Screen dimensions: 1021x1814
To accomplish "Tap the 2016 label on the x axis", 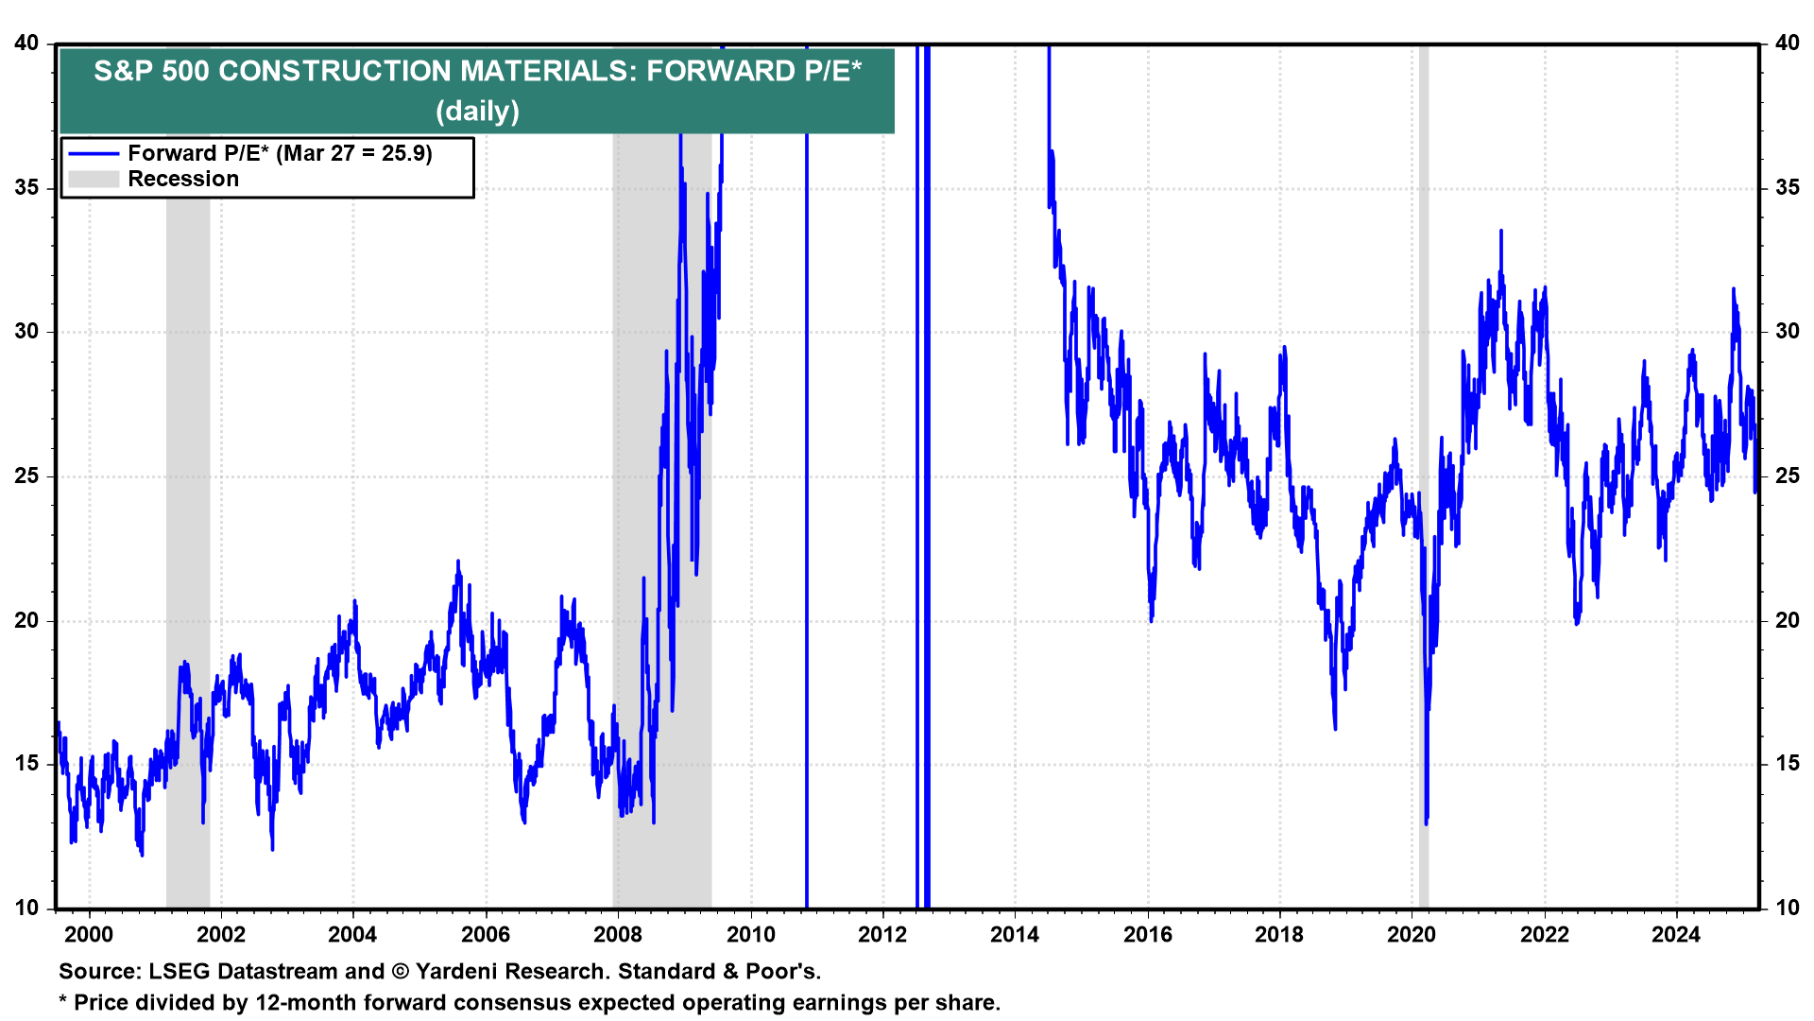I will point(1147,935).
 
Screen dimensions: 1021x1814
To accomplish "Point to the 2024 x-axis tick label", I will point(1676,935).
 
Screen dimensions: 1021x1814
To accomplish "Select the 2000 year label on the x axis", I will point(89,935).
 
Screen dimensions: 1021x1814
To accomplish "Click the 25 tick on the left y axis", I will point(26,476).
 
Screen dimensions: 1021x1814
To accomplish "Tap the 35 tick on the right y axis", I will point(1787,187).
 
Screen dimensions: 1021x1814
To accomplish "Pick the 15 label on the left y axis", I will point(26,764).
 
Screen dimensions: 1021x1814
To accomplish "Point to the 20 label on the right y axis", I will point(1787,620).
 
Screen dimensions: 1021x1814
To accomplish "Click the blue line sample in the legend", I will point(94,154).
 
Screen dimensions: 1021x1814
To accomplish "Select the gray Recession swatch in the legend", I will point(94,180).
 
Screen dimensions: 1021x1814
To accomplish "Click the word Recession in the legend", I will point(183,180).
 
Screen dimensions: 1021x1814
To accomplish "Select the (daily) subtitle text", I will point(477,112).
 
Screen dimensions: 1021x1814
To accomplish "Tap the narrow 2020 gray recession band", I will point(1423,473).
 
